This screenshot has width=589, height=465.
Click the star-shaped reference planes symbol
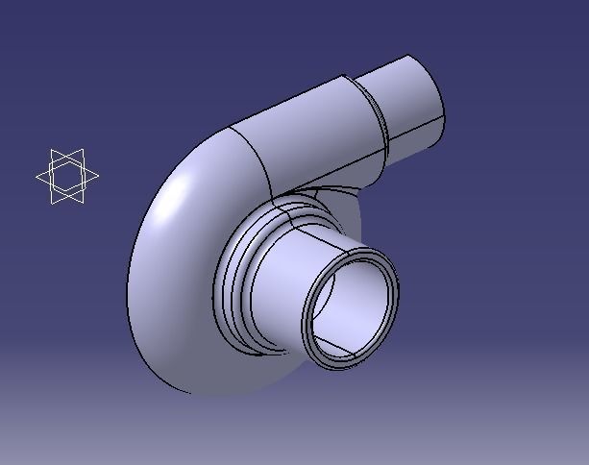67,177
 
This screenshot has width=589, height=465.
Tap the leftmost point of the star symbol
37,177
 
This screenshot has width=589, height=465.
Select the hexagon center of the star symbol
67,177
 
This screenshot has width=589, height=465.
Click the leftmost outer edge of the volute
127,288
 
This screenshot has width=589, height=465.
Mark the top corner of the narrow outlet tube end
410,56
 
